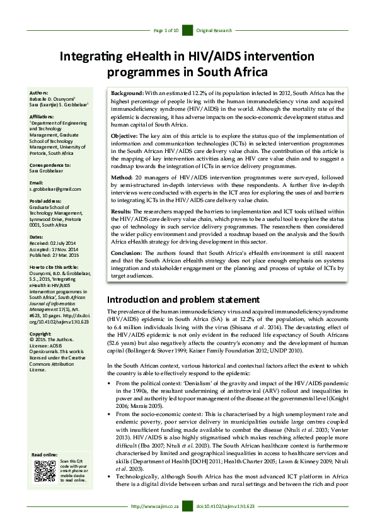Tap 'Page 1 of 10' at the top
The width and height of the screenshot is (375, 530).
click(x=166, y=30)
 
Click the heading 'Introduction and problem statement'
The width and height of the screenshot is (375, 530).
click(x=183, y=299)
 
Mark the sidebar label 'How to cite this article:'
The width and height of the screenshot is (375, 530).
click(x=57, y=267)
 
